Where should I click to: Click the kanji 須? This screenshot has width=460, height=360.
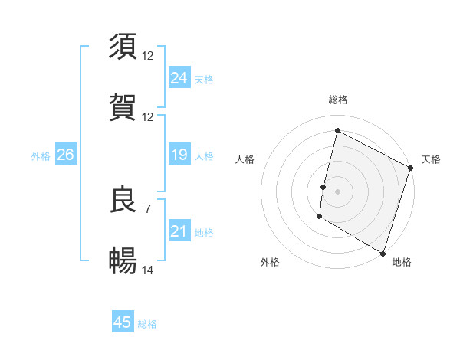click(123, 47)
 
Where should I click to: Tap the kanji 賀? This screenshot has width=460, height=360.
click(123, 107)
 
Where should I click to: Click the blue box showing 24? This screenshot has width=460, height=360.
click(179, 78)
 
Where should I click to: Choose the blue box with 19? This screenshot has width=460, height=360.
click(179, 155)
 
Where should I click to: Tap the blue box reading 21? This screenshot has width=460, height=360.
click(179, 231)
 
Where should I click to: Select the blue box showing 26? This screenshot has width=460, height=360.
click(65, 155)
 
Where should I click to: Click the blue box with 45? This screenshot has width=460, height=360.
click(123, 322)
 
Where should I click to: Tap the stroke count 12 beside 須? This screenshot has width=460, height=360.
click(149, 56)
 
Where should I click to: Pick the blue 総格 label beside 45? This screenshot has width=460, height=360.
click(147, 324)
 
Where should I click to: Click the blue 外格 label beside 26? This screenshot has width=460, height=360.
click(41, 155)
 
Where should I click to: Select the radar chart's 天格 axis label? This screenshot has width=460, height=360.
click(431, 159)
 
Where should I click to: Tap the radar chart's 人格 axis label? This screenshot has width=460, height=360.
click(245, 159)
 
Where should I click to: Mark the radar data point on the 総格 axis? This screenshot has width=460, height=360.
click(337, 130)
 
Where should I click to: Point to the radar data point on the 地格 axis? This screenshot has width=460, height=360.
click(383, 253)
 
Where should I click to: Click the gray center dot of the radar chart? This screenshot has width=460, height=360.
click(337, 191)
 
